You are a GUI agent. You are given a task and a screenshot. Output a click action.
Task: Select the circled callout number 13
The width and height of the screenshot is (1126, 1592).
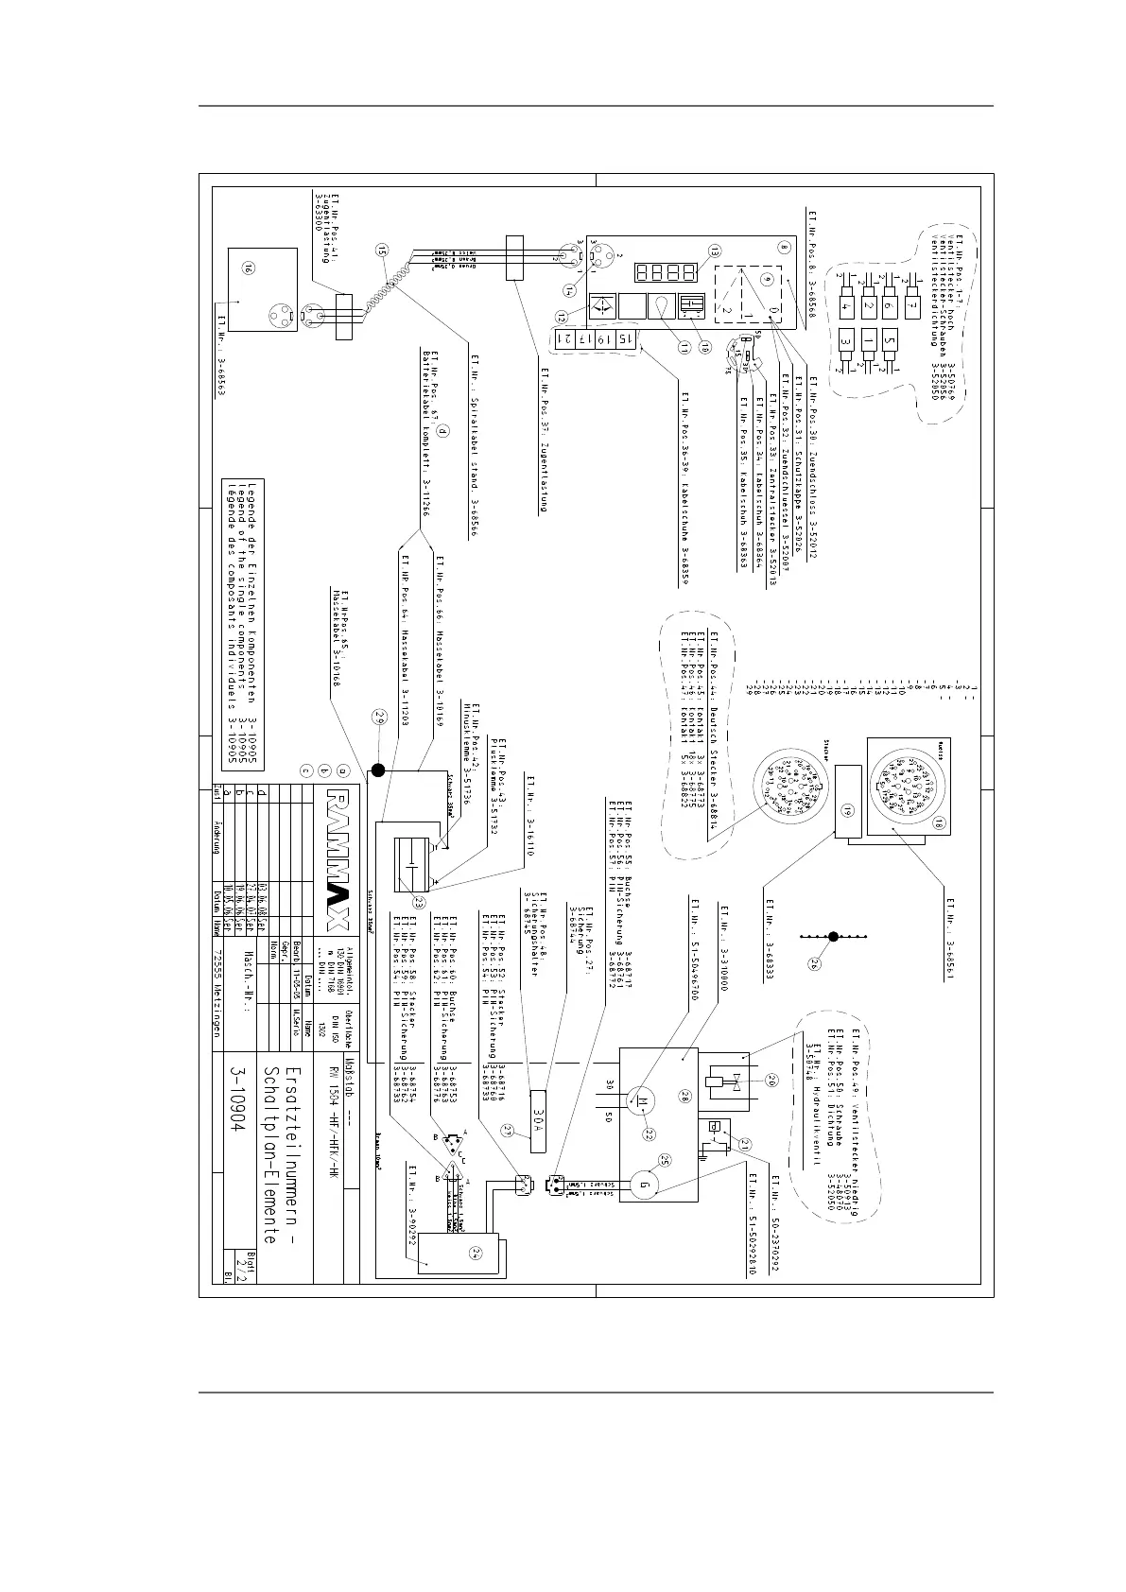tap(715, 251)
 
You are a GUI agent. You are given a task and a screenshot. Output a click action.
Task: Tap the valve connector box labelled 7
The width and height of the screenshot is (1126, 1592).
tap(912, 307)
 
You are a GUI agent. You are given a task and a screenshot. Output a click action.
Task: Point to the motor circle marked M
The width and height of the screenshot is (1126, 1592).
tap(640, 1102)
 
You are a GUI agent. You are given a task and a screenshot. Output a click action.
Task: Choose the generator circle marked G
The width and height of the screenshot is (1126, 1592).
tap(644, 1182)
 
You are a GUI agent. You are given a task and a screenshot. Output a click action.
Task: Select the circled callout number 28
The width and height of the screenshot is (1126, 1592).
tap(686, 1096)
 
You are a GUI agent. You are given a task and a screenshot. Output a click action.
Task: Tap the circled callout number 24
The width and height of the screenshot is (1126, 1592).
tap(476, 1254)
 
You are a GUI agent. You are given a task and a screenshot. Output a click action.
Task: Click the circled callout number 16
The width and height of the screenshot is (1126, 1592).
tap(248, 269)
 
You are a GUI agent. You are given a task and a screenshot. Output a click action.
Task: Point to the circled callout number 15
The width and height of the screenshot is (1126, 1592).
tap(380, 251)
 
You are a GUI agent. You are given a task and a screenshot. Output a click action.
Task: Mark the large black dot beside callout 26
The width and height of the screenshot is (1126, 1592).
tap(833, 937)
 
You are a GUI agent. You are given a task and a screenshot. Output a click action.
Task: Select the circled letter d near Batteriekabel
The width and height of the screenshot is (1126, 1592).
tap(441, 429)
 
